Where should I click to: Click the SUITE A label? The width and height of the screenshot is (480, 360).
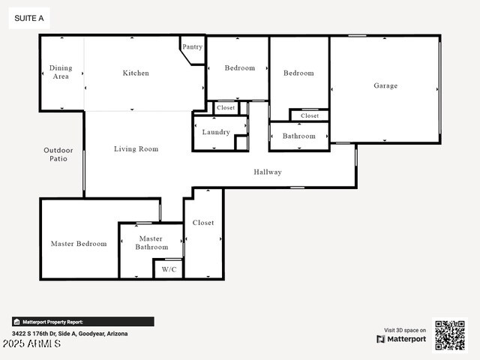[x=29, y=18]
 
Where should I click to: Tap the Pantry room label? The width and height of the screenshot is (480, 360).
[x=193, y=46]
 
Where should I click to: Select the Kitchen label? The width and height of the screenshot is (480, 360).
[x=136, y=73]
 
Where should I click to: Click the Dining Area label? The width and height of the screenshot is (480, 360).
[x=61, y=72]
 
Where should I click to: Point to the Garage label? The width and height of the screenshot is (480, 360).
[x=385, y=85]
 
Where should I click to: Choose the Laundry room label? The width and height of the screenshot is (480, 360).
[x=216, y=132]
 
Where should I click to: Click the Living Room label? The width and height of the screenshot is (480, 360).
[x=136, y=148]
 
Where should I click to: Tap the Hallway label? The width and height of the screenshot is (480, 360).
[x=268, y=172]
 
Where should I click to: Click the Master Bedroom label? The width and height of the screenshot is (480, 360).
[x=79, y=243]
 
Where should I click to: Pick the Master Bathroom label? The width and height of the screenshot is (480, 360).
[x=151, y=242]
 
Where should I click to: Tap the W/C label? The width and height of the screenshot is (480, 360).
[x=168, y=270]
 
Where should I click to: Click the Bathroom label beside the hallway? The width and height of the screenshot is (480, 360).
[x=298, y=136]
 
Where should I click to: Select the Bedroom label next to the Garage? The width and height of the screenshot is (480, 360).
[x=298, y=73]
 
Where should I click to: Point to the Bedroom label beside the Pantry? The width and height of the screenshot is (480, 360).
[x=240, y=67]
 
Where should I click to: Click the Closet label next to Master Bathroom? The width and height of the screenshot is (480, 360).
[x=203, y=222]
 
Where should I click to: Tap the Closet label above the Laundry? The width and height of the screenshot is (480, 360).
[x=226, y=108]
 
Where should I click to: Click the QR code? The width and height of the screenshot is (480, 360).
[x=450, y=335]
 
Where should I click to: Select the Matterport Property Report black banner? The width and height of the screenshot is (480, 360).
[x=82, y=321]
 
